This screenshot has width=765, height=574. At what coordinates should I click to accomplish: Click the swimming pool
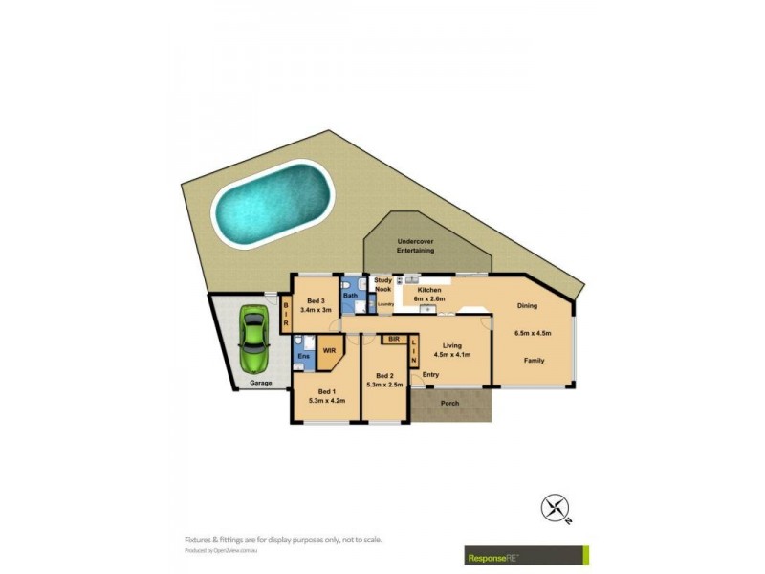pos(272,202)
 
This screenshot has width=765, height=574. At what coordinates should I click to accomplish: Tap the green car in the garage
pos(253,340)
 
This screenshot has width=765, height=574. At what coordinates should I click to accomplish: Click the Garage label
pos(261,383)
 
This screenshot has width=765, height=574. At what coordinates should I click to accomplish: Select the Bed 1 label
pos(327,392)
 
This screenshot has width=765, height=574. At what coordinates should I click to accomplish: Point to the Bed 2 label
pos(385,376)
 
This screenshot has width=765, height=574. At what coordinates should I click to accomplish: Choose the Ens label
pos(302,357)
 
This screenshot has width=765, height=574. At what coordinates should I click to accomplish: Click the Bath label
pos(351,296)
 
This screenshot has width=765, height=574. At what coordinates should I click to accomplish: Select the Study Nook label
pos(382,284)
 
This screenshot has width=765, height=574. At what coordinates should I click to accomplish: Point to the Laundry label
pos(385,305)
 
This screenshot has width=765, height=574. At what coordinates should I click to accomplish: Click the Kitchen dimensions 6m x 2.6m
pos(428,298)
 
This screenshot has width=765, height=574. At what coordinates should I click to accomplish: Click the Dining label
pos(527,306)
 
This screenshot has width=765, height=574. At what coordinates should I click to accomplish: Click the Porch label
pos(449,403)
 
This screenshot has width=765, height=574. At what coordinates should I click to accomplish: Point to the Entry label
pos(430,374)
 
